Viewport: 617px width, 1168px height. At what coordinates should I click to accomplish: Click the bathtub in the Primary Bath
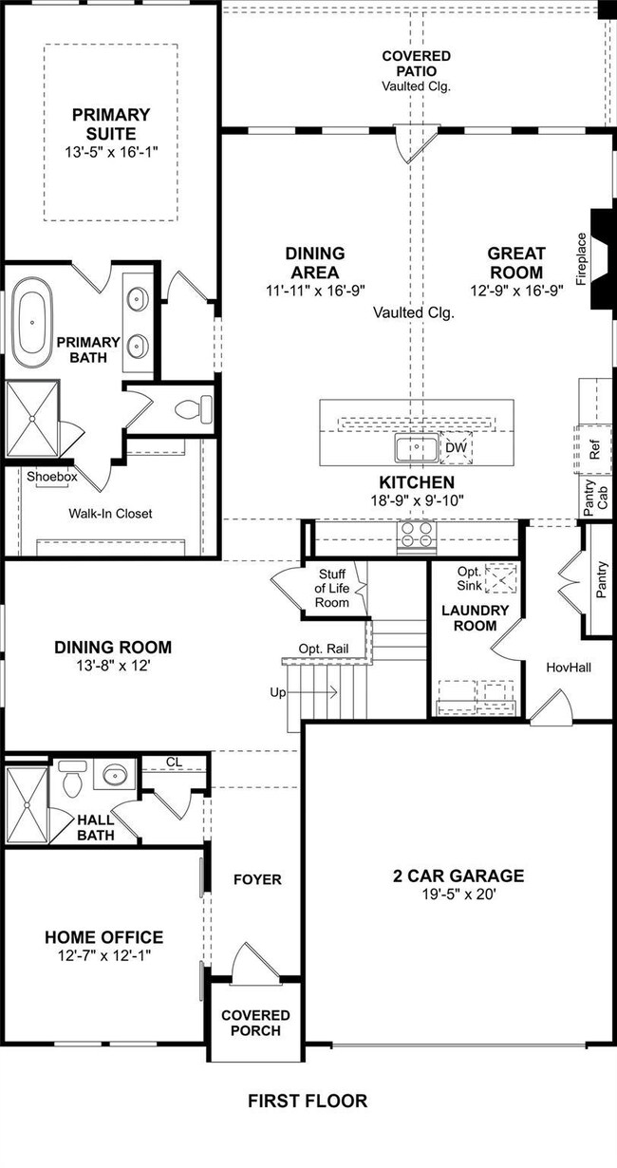pos(32,323)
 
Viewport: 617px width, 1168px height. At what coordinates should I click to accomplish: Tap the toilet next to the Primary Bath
pos(194,408)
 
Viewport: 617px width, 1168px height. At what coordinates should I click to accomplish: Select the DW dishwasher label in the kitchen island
pos(456,447)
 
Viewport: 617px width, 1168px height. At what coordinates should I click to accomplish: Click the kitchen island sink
pos(416,447)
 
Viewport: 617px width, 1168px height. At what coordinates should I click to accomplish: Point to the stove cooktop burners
pos(417,534)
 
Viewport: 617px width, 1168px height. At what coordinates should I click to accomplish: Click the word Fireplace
pos(582,259)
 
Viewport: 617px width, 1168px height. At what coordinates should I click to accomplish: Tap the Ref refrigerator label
pos(594,449)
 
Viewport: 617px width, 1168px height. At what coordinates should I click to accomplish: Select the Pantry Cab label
pos(596,498)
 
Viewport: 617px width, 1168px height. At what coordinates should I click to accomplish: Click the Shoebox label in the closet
pos(52,476)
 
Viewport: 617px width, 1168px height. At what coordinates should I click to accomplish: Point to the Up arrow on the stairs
pos(311,692)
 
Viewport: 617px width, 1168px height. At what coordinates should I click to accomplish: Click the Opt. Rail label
pos(324,649)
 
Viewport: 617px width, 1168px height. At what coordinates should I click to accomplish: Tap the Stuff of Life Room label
pos(332,588)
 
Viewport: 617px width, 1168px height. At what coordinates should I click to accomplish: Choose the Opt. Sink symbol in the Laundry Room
pos(501,578)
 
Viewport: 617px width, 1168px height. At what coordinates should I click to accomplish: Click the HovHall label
pos(569,668)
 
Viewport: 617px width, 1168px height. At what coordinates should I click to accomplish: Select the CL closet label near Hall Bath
pos(174,762)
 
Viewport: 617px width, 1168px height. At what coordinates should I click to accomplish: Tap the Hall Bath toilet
pos(72,778)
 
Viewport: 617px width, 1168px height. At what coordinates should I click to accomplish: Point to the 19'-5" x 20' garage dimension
pos(458,895)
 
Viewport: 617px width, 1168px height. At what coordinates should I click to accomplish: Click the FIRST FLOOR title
pos(308,1101)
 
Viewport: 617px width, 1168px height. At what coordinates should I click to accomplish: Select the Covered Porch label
pos(255,1023)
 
